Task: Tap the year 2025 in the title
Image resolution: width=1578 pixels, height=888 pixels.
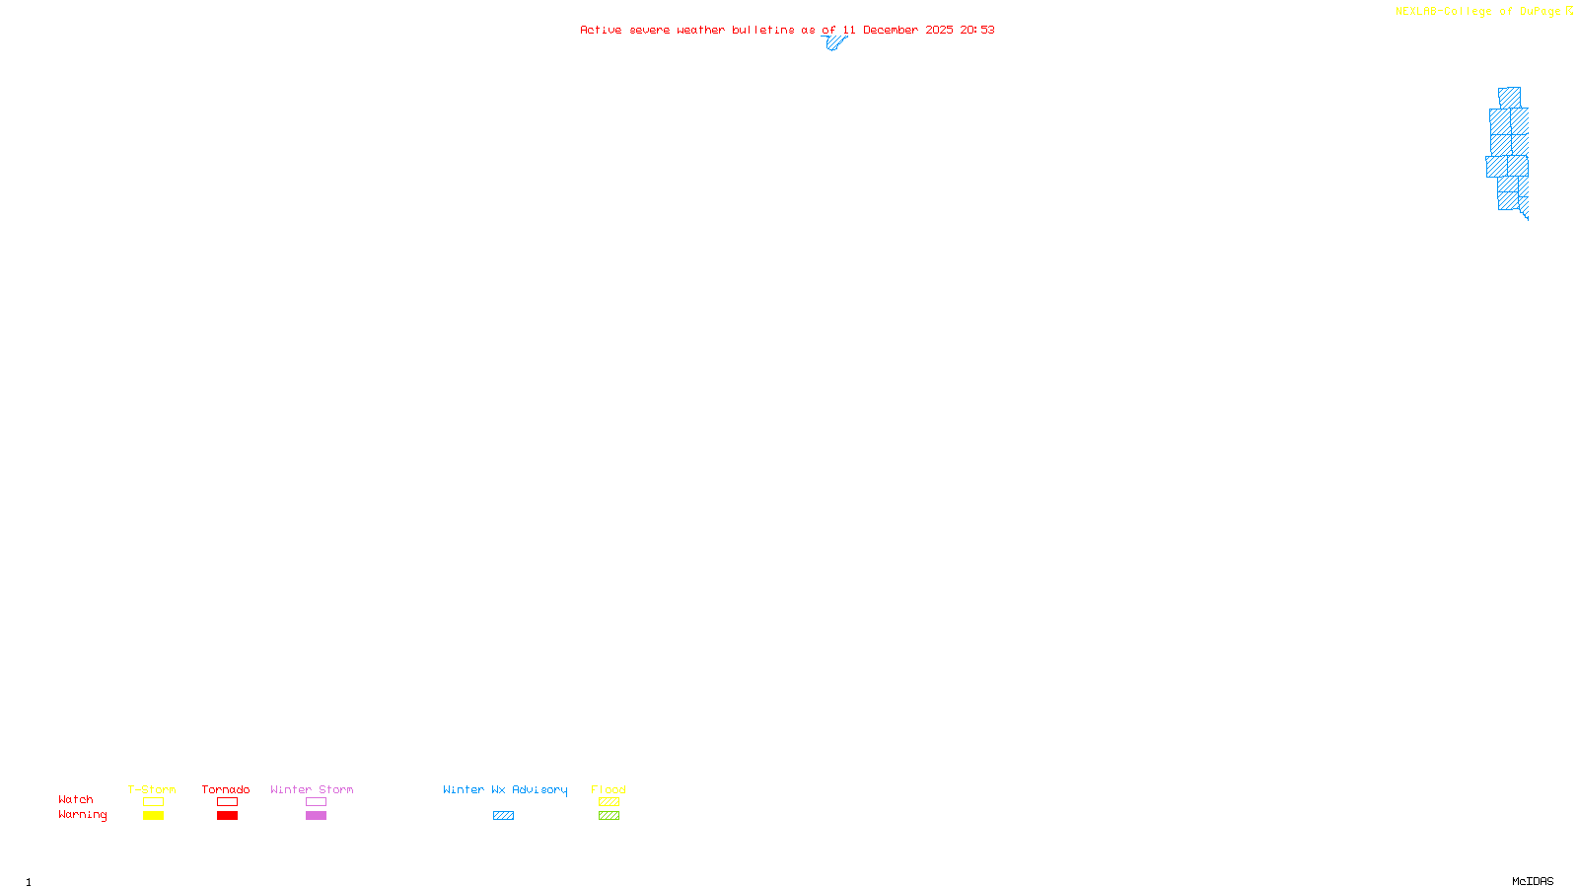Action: point(939,30)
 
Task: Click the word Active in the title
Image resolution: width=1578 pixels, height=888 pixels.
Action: point(601,30)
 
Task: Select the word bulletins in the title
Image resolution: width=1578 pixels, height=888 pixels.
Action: point(763,30)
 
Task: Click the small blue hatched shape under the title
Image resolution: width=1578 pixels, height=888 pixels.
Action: point(834,42)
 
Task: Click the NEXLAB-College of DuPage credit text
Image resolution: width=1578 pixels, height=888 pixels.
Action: point(1478,11)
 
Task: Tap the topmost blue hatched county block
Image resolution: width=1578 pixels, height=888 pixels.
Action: point(1509,98)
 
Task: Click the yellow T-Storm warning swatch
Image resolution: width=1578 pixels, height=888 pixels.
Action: point(153,816)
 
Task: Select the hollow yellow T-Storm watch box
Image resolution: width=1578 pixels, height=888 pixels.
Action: point(153,802)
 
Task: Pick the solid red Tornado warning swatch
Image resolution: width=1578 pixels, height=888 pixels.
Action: point(228,816)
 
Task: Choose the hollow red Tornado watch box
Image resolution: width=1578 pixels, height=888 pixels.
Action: point(228,802)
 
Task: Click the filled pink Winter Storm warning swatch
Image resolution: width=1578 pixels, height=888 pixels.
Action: point(316,816)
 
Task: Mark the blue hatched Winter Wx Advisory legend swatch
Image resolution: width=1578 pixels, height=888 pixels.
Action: point(503,816)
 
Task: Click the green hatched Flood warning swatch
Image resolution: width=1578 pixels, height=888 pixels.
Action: point(609,816)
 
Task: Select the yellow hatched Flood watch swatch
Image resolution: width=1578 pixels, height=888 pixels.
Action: point(609,802)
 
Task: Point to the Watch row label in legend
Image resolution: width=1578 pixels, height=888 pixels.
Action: point(76,799)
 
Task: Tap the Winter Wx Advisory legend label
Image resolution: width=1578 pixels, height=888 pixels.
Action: point(505,789)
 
